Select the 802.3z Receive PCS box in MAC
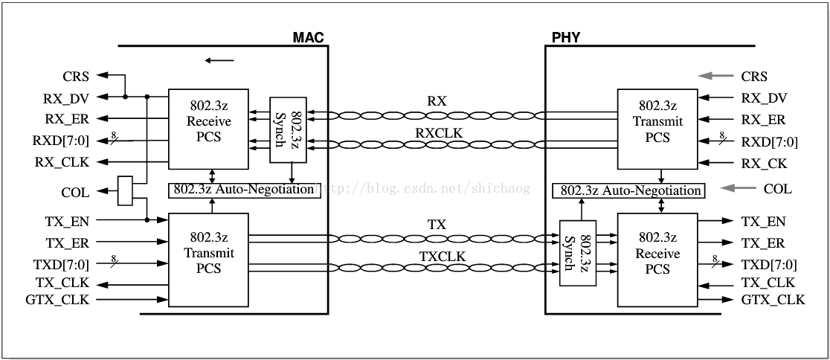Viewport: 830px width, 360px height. (208, 128)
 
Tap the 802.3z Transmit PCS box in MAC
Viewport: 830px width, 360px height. (208, 253)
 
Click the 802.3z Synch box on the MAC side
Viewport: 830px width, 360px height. (288, 129)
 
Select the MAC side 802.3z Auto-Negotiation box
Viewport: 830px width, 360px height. (243, 190)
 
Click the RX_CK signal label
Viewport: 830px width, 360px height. (764, 164)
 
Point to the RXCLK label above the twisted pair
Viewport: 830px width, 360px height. (437, 133)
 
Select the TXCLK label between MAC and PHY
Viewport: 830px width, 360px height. (437, 256)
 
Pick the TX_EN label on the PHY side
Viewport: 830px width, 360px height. (763, 221)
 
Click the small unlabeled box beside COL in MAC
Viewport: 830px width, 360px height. (126, 190)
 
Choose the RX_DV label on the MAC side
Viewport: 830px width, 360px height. (66, 97)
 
